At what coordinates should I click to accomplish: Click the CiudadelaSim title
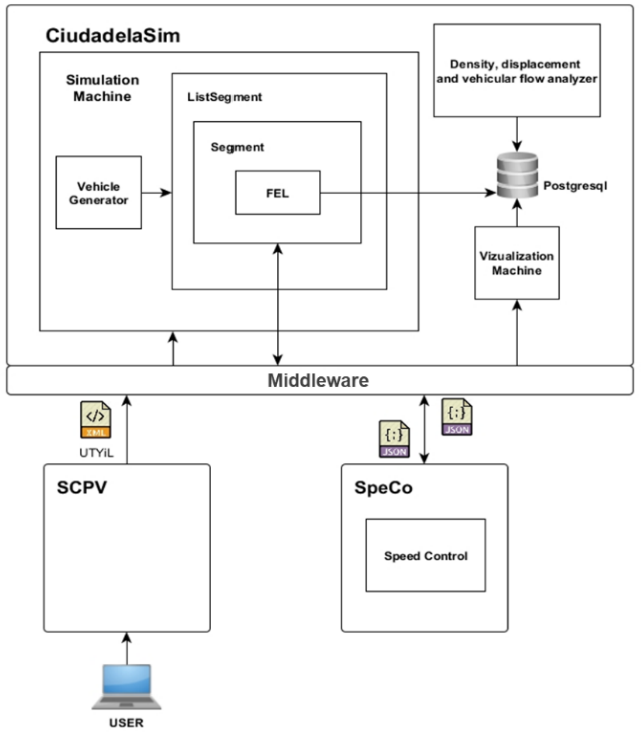click(x=105, y=36)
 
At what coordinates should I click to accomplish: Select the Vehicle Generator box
click(x=98, y=191)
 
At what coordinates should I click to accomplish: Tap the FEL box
click(x=277, y=191)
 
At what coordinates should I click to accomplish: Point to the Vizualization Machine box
click(x=515, y=263)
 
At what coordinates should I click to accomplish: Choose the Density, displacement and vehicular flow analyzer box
click(x=516, y=71)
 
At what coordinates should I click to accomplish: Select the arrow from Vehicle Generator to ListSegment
click(x=155, y=191)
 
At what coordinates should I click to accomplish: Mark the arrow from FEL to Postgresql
click(x=405, y=191)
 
